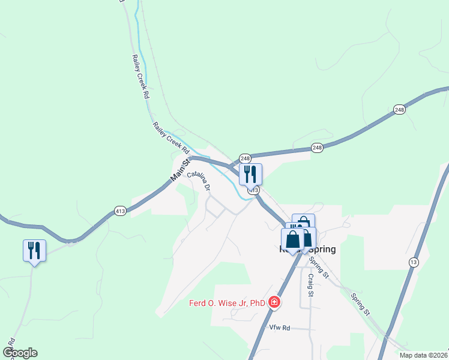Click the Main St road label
(181, 170)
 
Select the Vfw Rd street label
(280, 328)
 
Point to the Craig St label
(311, 286)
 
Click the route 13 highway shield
(414, 262)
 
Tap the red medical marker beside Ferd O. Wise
(274, 302)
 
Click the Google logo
(20, 353)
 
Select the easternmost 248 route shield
(400, 109)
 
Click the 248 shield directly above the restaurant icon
(245, 158)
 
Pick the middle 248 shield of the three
(317, 148)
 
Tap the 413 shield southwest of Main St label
(119, 211)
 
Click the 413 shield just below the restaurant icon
(254, 190)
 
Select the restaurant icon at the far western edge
(34, 250)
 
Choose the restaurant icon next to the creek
(250, 174)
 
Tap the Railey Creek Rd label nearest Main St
(171, 137)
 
